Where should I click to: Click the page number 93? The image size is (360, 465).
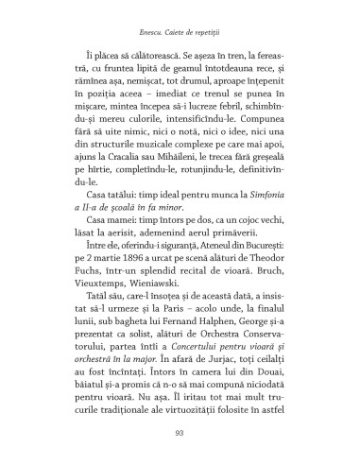(x=180, y=434)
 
